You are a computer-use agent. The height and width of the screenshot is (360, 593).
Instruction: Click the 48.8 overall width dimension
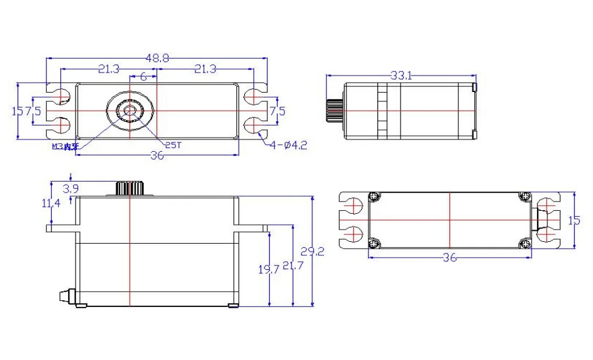click(x=157, y=57)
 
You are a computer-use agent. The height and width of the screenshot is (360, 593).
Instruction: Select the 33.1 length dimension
click(x=401, y=76)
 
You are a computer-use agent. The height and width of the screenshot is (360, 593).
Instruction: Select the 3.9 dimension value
click(x=71, y=189)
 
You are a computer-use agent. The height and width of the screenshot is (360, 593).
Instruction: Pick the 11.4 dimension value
click(x=51, y=203)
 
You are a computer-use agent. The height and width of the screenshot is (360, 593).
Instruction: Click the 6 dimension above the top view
click(x=143, y=76)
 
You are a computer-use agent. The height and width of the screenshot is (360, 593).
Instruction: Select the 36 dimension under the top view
click(x=157, y=156)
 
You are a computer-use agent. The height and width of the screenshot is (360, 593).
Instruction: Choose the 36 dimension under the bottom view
click(x=449, y=258)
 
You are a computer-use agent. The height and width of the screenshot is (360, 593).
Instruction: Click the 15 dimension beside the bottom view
click(x=574, y=221)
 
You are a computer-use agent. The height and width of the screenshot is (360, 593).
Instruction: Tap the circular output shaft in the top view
click(x=130, y=110)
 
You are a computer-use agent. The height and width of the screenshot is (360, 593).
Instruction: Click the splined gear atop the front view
click(x=129, y=188)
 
